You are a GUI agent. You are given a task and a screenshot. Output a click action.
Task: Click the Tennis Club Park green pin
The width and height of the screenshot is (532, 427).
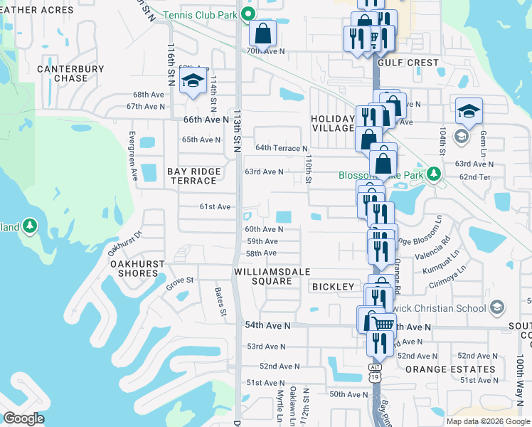(x=248, y=14)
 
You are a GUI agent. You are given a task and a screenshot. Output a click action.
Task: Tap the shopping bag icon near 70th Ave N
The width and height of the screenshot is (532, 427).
(x=262, y=33)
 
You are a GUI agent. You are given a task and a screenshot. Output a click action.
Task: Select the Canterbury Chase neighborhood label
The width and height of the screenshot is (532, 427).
(x=70, y=73)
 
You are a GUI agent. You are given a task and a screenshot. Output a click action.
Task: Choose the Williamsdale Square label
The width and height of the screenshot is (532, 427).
(x=263, y=275)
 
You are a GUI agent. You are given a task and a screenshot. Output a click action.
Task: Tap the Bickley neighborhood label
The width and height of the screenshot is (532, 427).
(x=332, y=287)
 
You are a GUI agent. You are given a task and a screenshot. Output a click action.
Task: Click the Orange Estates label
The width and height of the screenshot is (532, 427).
(x=449, y=369)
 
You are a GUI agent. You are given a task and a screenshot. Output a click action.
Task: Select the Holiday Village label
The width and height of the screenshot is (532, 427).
(x=331, y=123)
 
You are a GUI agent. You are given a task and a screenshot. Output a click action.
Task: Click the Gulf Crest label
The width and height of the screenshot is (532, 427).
(x=408, y=63)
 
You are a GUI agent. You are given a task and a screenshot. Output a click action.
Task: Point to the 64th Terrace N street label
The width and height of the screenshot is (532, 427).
(x=282, y=148)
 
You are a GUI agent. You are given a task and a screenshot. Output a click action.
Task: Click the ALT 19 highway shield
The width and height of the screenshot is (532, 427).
(x=375, y=375)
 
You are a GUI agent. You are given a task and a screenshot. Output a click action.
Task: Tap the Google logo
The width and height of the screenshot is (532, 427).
(x=24, y=418)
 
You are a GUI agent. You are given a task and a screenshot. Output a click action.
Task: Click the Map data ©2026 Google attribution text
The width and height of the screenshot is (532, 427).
(x=487, y=421)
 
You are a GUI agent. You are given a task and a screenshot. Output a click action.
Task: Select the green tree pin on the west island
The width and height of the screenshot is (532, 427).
(x=29, y=226)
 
